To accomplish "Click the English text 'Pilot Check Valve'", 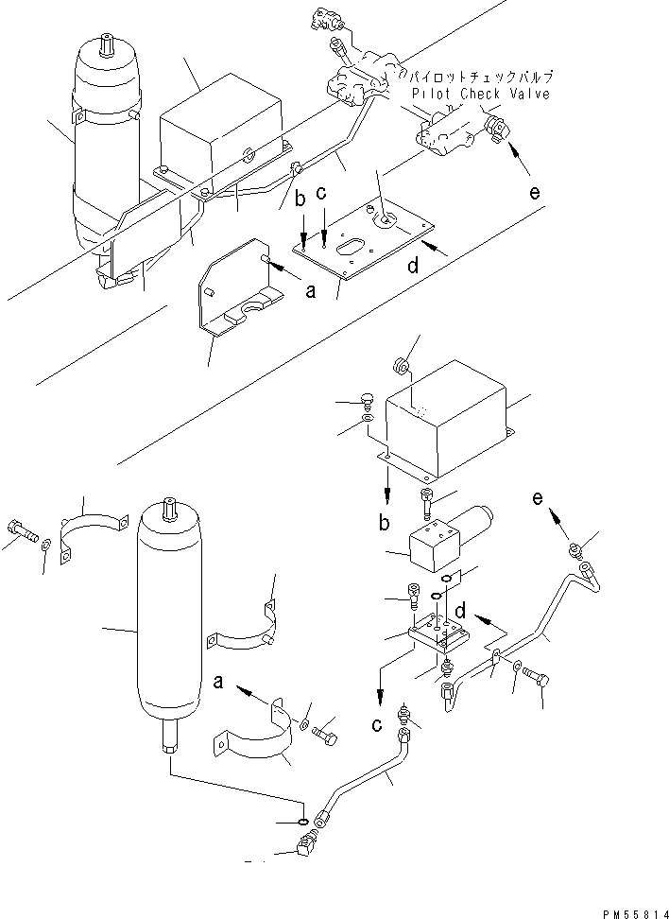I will [480, 95].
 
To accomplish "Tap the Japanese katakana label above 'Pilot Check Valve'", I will [478, 76].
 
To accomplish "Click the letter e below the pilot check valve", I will [535, 193].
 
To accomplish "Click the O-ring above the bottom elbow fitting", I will [302, 823].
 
